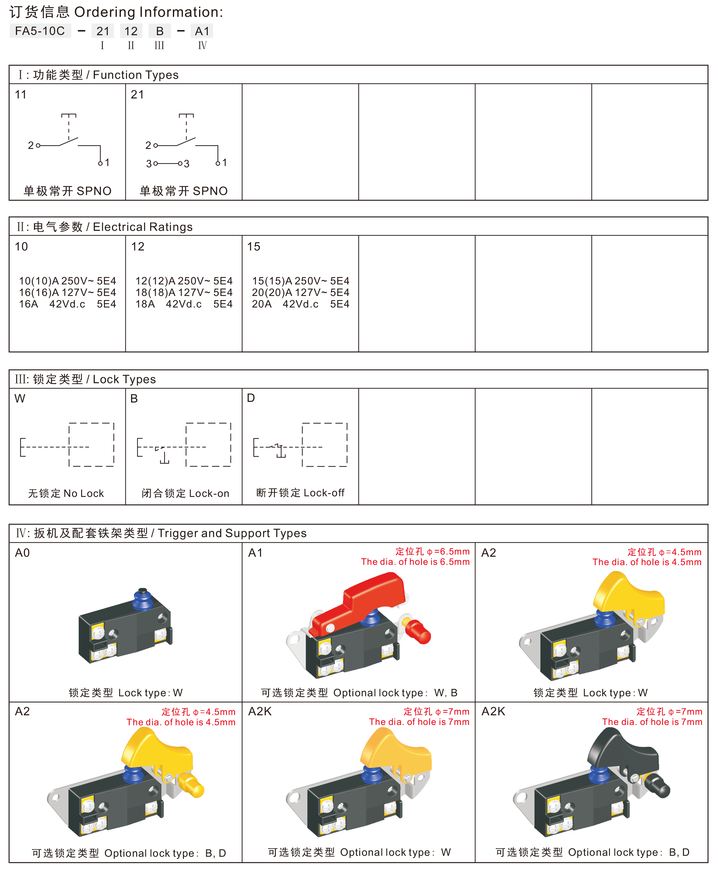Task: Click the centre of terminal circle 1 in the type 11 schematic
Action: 100,164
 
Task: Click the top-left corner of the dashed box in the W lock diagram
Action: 69,423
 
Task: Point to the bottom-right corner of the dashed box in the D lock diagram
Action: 347,466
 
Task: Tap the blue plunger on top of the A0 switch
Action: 143,599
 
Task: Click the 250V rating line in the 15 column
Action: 301,281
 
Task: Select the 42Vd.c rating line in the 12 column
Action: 184,304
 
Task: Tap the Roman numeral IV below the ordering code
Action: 202,45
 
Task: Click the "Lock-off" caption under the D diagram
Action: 324,493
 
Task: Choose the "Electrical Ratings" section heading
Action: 143,227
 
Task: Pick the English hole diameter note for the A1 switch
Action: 415,562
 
